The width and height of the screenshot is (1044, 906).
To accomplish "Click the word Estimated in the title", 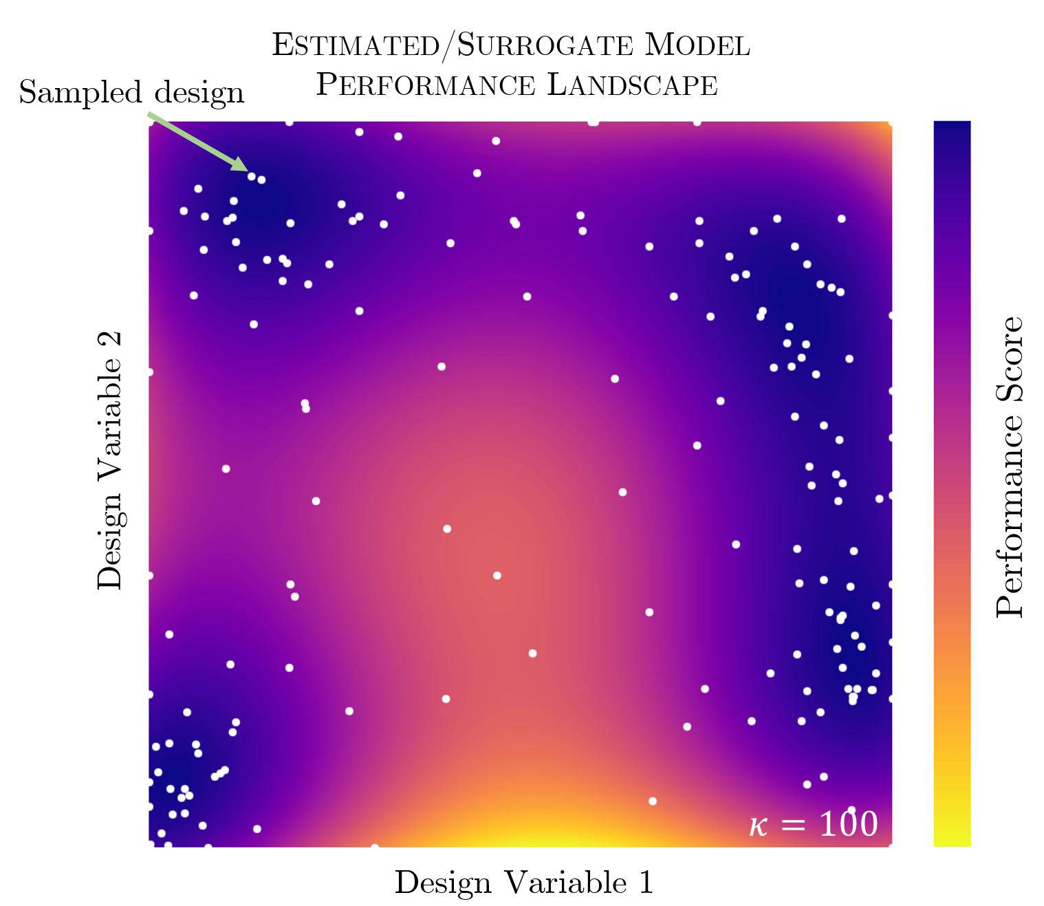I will coord(355,45).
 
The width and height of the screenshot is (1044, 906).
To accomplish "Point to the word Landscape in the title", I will coord(633,85).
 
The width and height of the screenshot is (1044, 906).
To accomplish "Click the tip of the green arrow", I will coord(246,169).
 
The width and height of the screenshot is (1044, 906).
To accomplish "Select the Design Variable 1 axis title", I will coord(523,882).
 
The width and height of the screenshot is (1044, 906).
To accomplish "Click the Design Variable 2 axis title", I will coord(110,460).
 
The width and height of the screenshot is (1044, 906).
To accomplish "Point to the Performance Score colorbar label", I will coord(1010,467).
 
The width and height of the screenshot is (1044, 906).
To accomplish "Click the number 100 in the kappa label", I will coord(849,823).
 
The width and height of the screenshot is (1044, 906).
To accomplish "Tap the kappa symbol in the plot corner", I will coord(758,825).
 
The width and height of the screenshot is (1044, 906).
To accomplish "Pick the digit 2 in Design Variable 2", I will coord(110,341).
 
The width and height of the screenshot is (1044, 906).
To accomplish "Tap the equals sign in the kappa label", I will coord(794,824).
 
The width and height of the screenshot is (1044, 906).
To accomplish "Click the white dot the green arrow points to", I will coord(252,176).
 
